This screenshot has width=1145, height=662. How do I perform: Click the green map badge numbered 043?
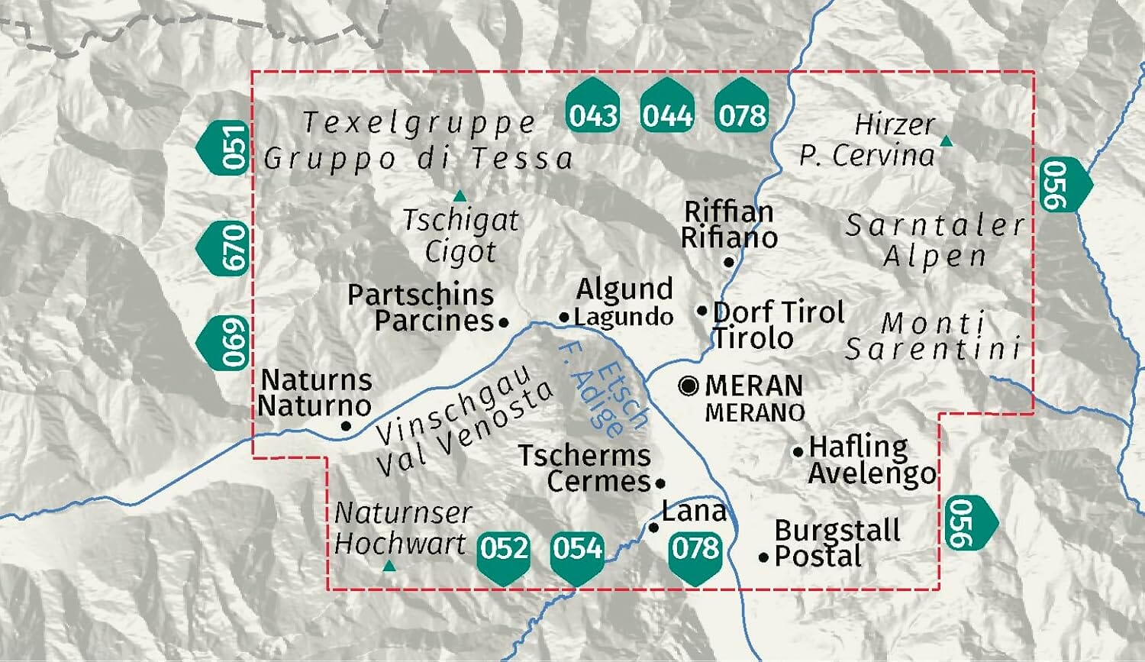click(x=593, y=115)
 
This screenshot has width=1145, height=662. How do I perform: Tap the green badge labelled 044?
click(x=667, y=115)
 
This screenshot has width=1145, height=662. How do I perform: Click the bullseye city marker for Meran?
click(x=689, y=386)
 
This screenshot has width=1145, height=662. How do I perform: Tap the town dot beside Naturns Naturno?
click(x=346, y=426)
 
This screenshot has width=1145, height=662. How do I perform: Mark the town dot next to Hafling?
click(x=798, y=451)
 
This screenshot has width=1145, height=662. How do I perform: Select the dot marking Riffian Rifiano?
click(x=729, y=262)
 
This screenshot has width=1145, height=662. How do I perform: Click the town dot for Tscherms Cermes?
click(x=660, y=483)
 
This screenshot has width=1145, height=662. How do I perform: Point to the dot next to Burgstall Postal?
click(x=763, y=557)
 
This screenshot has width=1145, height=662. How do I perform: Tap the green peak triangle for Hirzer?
click(x=947, y=140)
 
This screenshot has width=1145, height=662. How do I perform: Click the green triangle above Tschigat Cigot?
click(x=460, y=196)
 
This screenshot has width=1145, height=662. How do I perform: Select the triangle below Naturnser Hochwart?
click(x=389, y=566)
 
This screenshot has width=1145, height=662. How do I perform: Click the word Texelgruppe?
click(x=420, y=123)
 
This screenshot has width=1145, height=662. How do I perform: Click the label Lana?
click(x=693, y=511)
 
